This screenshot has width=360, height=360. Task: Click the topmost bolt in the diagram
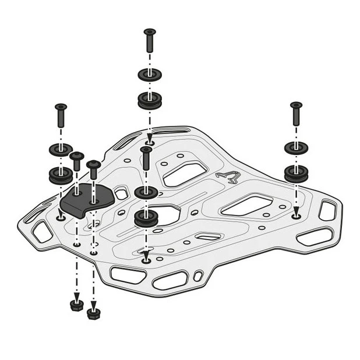pos(150,42)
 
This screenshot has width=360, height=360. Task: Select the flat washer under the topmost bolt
pos(150,75)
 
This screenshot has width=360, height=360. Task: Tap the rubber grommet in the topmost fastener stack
pos(150,100)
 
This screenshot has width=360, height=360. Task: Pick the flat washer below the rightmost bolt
pos(296,147)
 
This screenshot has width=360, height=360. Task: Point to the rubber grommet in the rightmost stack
pos(296,173)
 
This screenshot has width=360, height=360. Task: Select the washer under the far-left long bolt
pos(61,150)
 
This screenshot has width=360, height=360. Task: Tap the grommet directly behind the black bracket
pos(60,175)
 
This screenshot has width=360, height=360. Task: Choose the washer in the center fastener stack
pos(146,192)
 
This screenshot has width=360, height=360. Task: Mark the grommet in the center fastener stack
pos(146,218)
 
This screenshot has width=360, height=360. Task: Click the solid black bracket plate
pos(86,200)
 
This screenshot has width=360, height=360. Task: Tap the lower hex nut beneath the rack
pos(93,313)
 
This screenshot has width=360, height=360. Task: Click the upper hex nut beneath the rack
pos(76,304)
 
